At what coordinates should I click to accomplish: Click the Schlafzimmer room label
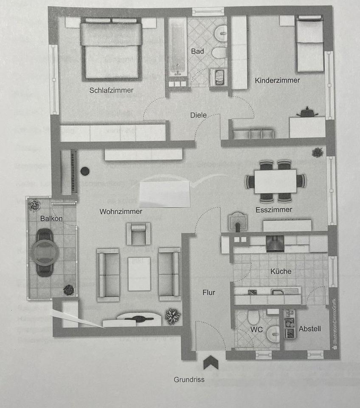click(x=111, y=90)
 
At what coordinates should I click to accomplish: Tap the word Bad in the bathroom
click(x=197, y=51)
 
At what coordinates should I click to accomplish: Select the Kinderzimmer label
click(x=277, y=80)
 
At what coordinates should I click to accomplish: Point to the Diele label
click(x=198, y=115)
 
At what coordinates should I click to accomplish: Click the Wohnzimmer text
click(x=121, y=211)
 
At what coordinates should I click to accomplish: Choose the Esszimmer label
click(x=274, y=210)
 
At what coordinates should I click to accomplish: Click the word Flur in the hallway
click(x=209, y=292)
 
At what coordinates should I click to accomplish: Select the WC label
click(x=253, y=329)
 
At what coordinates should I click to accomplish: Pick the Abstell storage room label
click(x=309, y=329)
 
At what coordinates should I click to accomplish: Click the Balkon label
click(x=51, y=218)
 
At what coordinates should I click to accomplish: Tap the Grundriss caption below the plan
click(x=189, y=380)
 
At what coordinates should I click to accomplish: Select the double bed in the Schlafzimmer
click(x=111, y=51)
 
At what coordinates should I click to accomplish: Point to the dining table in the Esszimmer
click(x=275, y=181)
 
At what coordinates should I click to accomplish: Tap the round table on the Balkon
click(x=45, y=252)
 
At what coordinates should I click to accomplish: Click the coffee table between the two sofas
click(x=139, y=274)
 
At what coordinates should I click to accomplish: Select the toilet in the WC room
click(x=253, y=317)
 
